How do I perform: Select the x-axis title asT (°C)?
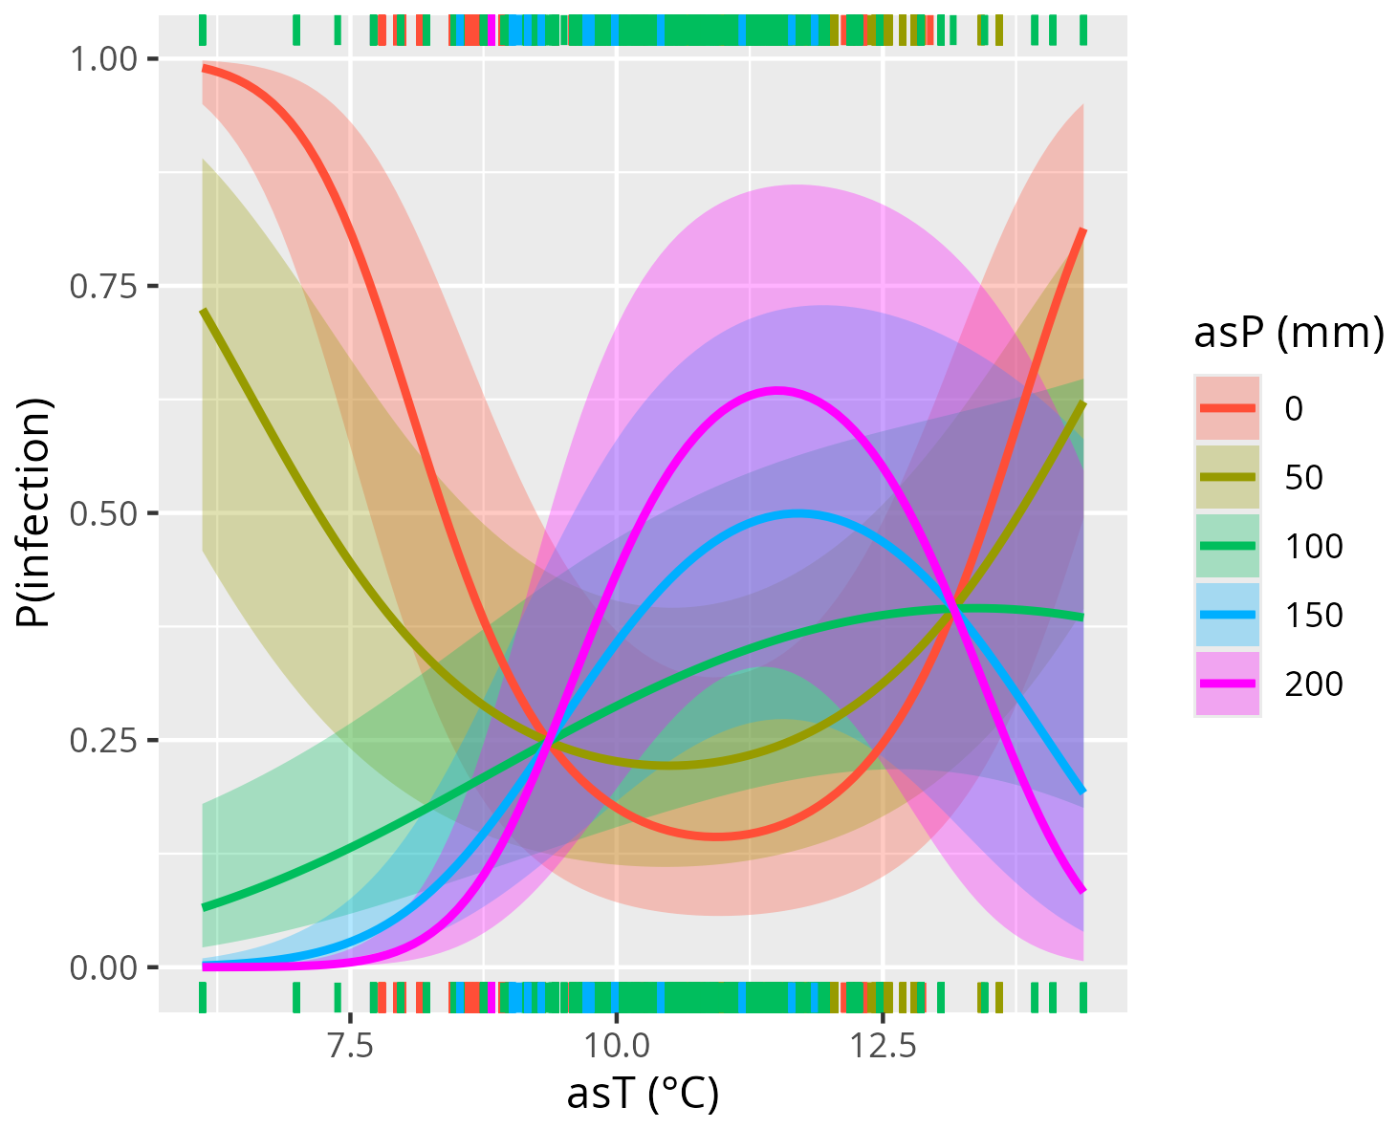643,1095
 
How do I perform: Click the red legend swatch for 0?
1228,408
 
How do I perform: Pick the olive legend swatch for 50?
1228,477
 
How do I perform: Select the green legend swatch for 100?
1228,546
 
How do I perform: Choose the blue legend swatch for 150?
1228,615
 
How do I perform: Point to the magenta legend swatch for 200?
1228,684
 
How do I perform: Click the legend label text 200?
1314,684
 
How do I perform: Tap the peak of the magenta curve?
776,390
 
